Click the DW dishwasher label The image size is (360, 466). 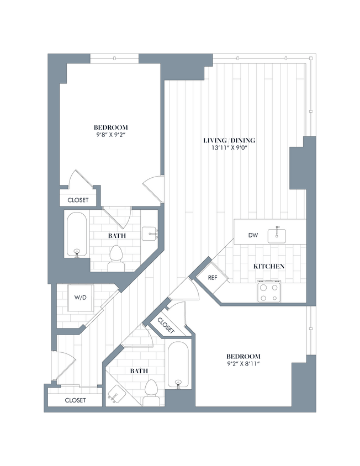253,236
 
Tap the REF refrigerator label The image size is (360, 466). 212,277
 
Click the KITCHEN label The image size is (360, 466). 269,267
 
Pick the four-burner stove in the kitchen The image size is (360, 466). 268,292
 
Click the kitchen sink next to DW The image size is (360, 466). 278,234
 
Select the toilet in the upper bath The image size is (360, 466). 116,257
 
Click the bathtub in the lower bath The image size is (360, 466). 178,365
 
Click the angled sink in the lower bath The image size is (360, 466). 116,394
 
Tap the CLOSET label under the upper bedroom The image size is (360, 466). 78,200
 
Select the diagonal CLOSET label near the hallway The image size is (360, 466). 166,326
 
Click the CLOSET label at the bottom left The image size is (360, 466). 75,400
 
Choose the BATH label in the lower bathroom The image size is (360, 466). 139,371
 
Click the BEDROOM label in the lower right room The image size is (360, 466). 243,356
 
